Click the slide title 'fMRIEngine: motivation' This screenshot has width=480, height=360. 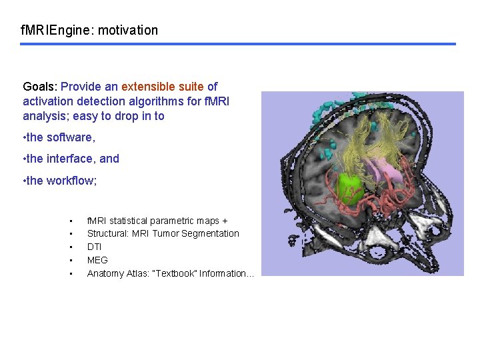89,30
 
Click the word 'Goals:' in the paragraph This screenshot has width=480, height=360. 40,87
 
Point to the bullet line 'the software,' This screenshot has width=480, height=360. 60,137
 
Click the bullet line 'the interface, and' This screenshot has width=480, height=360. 72,159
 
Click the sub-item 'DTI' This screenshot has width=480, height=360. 94,247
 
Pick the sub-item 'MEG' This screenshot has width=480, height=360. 97,260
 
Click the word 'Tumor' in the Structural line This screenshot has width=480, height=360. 165,233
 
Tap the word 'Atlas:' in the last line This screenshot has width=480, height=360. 137,273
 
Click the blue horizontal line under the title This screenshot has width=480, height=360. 237,45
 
